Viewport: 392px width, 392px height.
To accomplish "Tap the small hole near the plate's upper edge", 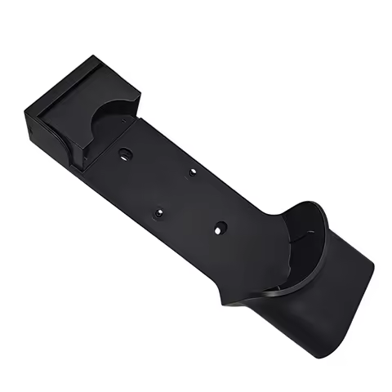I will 193,172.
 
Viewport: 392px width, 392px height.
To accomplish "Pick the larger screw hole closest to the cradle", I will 219,229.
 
